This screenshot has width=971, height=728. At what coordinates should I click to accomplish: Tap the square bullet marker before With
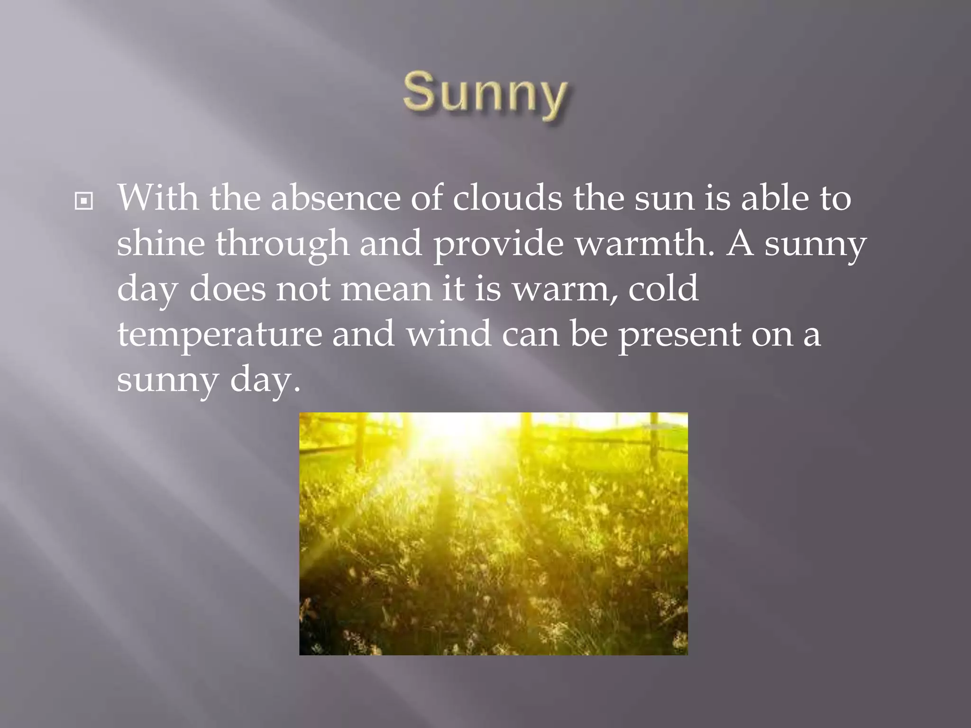[84, 202]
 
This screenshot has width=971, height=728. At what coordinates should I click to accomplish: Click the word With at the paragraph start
[158, 198]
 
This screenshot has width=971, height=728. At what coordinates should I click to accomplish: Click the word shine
[161, 243]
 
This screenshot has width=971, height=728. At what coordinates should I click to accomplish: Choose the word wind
[449, 334]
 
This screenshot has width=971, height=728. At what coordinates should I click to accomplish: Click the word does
[228, 289]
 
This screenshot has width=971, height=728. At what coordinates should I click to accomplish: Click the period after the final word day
[297, 390]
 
